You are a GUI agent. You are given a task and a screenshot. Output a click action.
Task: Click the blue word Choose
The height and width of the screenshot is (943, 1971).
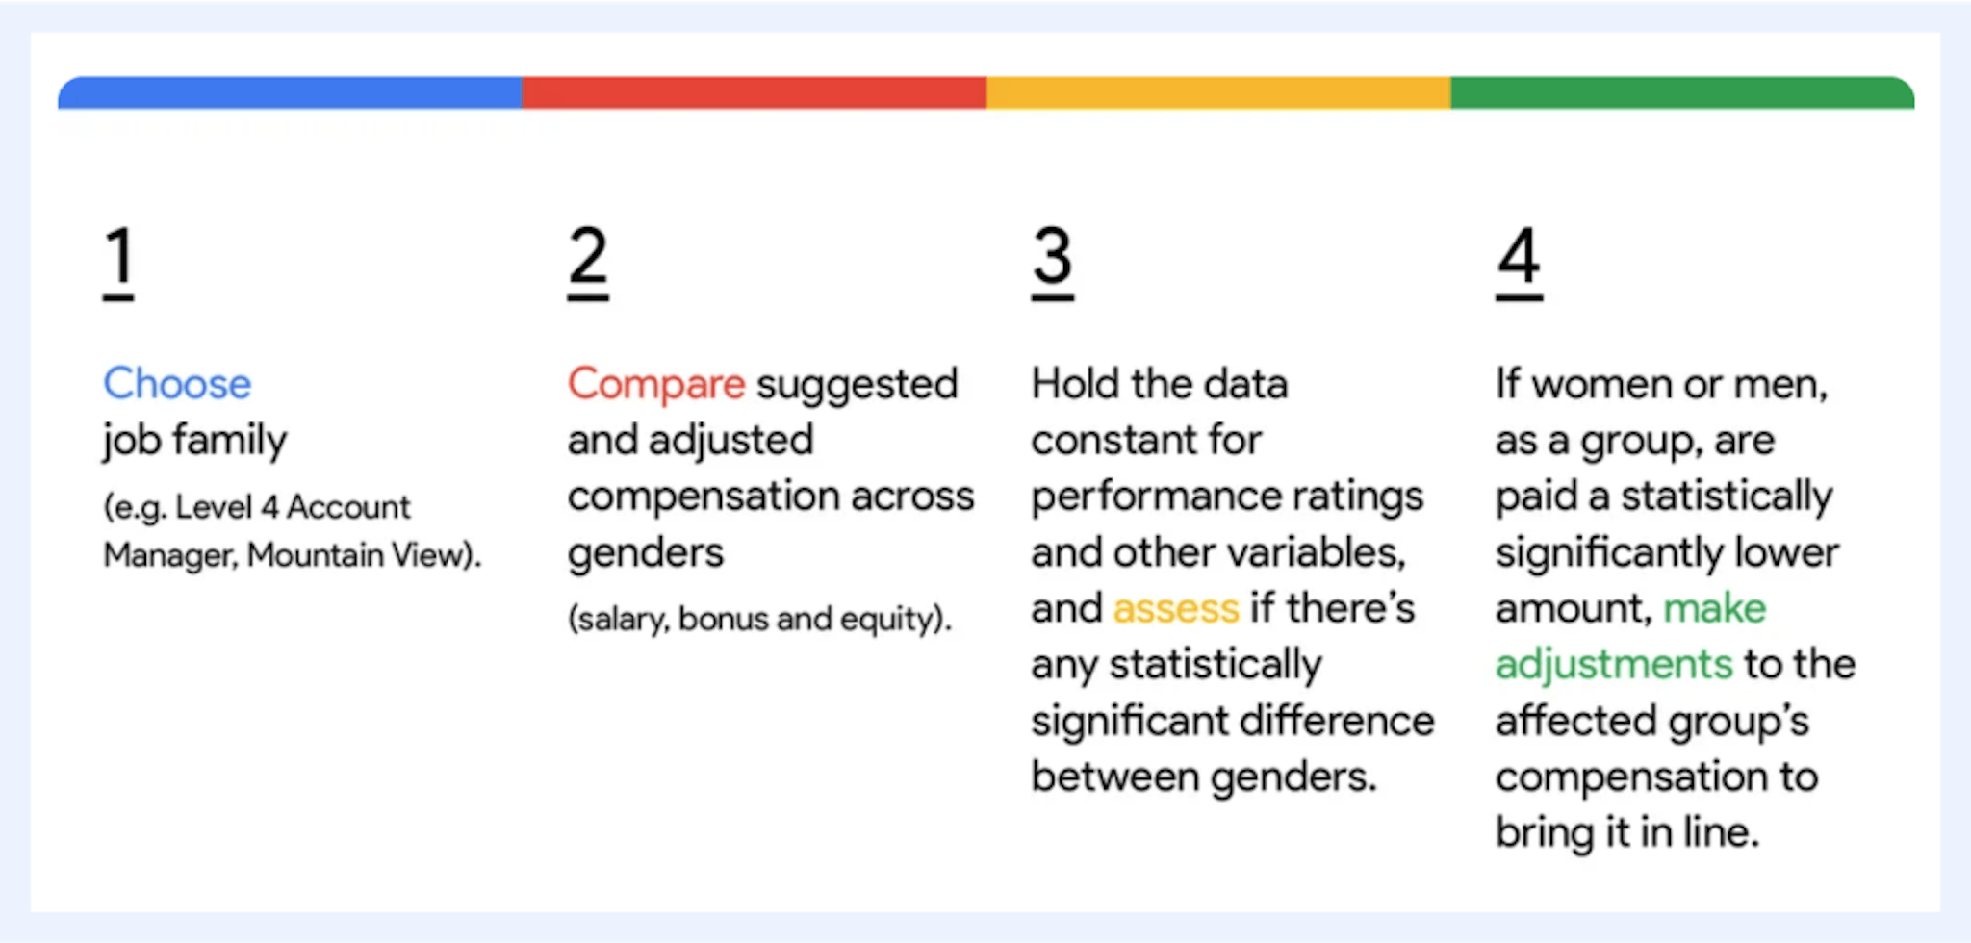pos(177,384)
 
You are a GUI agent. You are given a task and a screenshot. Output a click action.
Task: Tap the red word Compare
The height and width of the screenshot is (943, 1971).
pos(655,384)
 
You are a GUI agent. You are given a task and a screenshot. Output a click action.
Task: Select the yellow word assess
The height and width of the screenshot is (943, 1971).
pos(1175,609)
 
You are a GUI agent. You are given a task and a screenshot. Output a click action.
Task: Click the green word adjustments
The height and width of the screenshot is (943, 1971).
pos(1613,665)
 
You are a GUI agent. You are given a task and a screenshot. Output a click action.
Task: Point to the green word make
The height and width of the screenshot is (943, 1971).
pos(1714,608)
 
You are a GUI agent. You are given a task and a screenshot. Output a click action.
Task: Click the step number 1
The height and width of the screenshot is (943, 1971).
pos(118,258)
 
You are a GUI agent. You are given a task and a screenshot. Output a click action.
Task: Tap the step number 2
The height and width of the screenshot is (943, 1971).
pos(587,258)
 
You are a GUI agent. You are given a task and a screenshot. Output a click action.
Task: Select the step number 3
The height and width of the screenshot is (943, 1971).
pos(1052,258)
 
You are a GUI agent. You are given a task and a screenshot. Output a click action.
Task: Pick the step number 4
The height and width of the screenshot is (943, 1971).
pos(1519,258)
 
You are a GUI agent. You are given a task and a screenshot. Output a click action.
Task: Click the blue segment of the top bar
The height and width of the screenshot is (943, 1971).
pos(289,92)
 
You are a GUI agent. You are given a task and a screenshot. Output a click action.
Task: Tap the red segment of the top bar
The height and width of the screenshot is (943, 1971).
pos(754,92)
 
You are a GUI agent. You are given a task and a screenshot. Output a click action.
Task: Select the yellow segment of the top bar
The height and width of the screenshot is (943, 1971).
pos(1218,92)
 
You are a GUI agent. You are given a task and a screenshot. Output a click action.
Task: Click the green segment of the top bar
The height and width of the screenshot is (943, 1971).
pos(1682,92)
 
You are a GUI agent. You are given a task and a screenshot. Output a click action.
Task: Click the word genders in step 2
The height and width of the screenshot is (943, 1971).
pos(645,553)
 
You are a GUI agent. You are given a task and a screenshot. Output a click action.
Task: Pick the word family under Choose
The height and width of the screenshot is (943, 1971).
pos(229,441)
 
